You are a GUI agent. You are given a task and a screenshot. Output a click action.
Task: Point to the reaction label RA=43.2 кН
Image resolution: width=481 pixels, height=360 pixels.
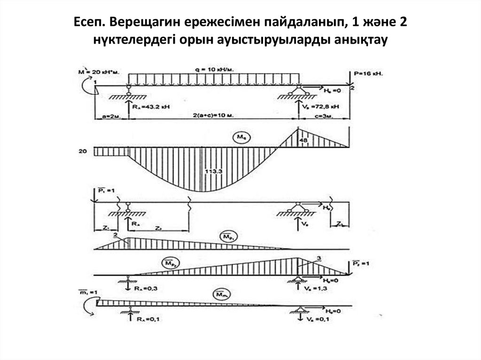click(x=151, y=107)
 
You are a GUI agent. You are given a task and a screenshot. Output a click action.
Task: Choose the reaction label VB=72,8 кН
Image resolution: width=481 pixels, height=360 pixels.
click(x=323, y=107)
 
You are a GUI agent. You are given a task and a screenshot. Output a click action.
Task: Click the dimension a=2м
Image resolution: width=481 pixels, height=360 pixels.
click(x=109, y=115)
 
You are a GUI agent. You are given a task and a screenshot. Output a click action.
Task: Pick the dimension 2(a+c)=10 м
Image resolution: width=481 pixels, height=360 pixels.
click(x=215, y=115)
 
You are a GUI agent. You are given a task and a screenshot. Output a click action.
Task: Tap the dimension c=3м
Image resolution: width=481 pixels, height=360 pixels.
click(x=324, y=115)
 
